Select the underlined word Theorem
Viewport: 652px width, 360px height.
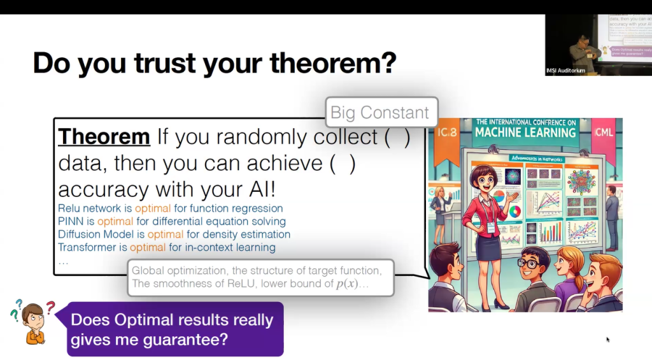point(104,136)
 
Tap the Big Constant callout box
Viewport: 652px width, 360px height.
point(380,113)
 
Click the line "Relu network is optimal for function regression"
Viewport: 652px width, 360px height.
point(170,208)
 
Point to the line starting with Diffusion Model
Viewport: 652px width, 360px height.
point(174,234)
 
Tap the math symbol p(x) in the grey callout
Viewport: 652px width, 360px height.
point(346,284)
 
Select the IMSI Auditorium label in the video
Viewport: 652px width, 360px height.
point(565,70)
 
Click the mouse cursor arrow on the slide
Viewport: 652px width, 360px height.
point(607,339)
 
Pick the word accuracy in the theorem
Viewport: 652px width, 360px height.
point(100,190)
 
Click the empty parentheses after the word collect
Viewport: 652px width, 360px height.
point(397,136)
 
